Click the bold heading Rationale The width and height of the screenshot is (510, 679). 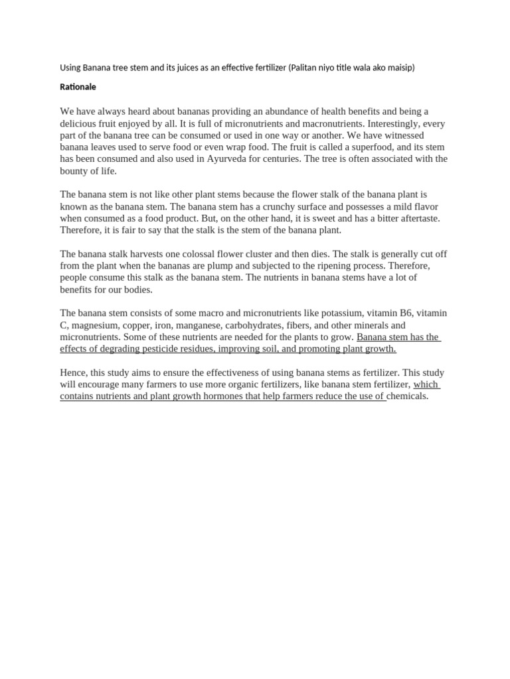coord(78,87)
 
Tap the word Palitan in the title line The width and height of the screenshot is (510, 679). coord(306,68)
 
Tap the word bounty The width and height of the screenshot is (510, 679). coord(74,171)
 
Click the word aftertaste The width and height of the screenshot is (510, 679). coord(415,218)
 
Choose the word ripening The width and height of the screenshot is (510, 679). coord(309,266)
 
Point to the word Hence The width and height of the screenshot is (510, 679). coord(73,373)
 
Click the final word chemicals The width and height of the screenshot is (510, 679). coord(408,397)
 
